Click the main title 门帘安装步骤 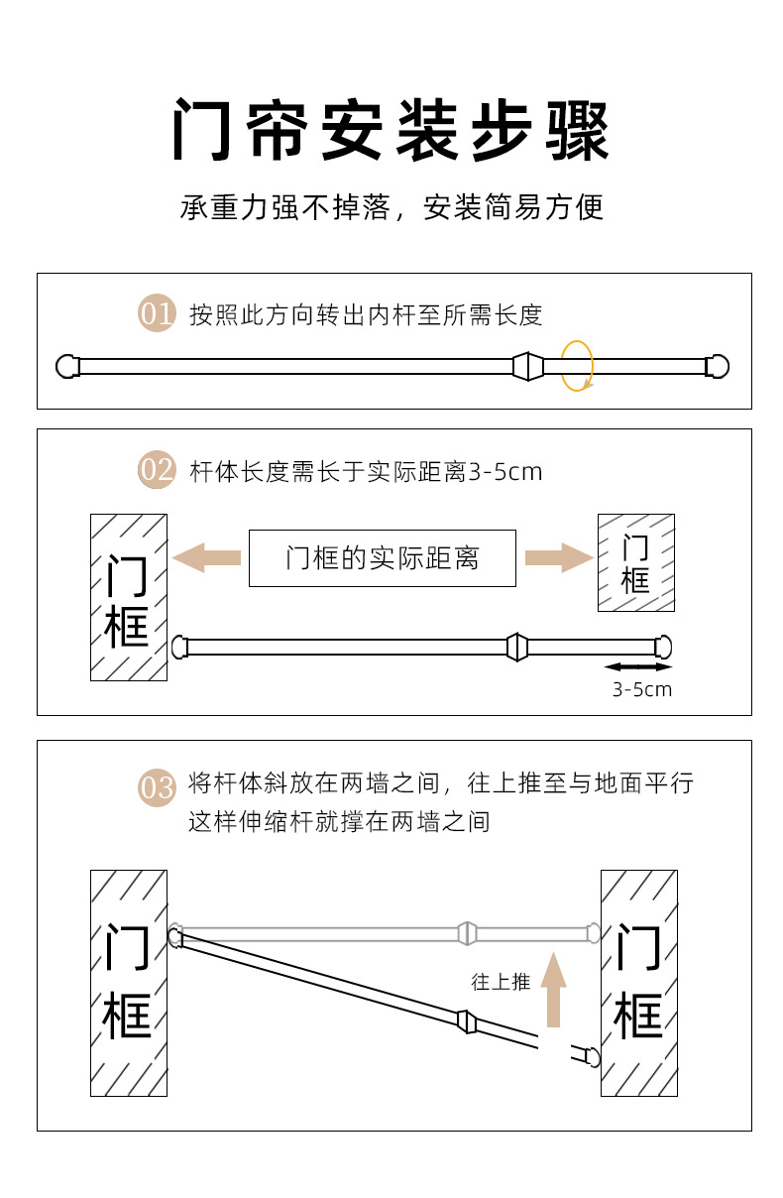(x=391, y=130)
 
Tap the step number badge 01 (x=157, y=312)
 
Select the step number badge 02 (x=157, y=469)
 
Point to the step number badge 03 (x=157, y=787)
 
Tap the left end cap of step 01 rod (x=67, y=366)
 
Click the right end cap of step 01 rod (x=718, y=366)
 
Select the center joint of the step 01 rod (x=528, y=366)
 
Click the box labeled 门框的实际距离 (x=383, y=558)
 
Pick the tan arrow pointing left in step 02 (x=207, y=557)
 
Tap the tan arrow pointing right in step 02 (x=559, y=557)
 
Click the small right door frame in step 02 (x=636, y=562)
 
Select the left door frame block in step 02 (x=129, y=597)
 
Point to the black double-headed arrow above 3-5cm (x=638, y=666)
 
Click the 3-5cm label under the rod (x=642, y=689)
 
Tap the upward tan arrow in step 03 (x=553, y=990)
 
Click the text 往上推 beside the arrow (x=501, y=982)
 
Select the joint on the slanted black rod (x=467, y=1021)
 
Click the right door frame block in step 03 (x=639, y=983)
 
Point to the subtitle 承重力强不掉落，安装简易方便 (x=391, y=207)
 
